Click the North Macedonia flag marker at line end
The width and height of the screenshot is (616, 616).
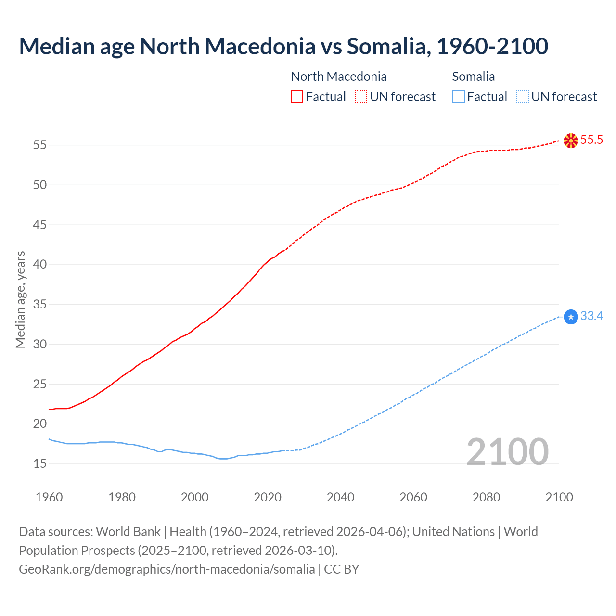pyautogui.click(x=570, y=141)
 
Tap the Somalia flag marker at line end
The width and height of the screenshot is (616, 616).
pyautogui.click(x=570, y=317)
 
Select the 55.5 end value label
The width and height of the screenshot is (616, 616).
pyautogui.click(x=591, y=140)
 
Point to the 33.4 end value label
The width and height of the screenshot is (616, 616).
pyautogui.click(x=591, y=316)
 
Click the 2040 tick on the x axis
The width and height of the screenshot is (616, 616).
pyautogui.click(x=340, y=497)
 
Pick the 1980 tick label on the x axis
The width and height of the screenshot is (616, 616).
pyautogui.click(x=122, y=497)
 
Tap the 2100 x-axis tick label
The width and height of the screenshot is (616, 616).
pyautogui.click(x=559, y=497)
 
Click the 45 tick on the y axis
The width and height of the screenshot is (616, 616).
pyautogui.click(x=40, y=225)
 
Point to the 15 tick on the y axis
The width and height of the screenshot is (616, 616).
pyautogui.click(x=40, y=464)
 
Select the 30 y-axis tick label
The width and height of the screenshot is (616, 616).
pyautogui.click(x=40, y=345)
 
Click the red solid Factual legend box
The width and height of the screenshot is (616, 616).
pyautogui.click(x=297, y=97)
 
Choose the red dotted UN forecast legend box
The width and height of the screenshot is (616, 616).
pyautogui.click(x=361, y=97)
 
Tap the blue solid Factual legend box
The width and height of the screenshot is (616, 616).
pyautogui.click(x=459, y=97)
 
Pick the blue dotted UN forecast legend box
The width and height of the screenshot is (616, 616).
pyautogui.click(x=522, y=97)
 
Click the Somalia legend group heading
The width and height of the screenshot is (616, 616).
pyautogui.click(x=474, y=77)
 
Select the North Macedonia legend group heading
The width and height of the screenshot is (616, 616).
pyautogui.click(x=339, y=77)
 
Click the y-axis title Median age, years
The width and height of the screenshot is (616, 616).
pyautogui.click(x=20, y=299)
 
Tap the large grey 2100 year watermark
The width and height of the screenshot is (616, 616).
pyautogui.click(x=508, y=451)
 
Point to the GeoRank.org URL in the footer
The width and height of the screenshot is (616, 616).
pyautogui.click(x=167, y=569)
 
